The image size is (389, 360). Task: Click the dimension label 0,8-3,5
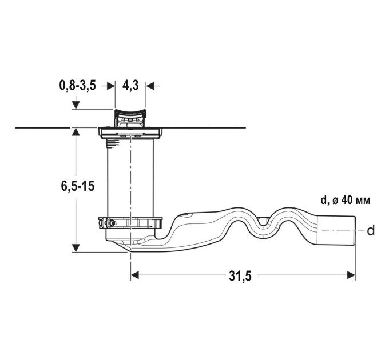tap(78, 86)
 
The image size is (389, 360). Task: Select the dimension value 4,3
tap(130, 86)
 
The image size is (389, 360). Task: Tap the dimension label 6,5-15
tap(78, 186)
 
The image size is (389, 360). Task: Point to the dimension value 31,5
tap(240, 276)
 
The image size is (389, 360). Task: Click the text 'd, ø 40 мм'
tap(346, 200)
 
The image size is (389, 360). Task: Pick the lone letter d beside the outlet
tap(371, 230)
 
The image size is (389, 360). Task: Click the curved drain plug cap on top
tap(130, 112)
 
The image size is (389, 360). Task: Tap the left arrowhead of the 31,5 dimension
tap(134, 275)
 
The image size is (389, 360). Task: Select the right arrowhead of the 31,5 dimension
tap(351, 275)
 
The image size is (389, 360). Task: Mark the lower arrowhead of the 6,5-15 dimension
tap(76, 248)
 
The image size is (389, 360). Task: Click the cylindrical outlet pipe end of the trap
tap(337, 230)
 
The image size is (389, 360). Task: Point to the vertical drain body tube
tap(130, 178)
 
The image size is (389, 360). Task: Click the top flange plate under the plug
tap(130, 133)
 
